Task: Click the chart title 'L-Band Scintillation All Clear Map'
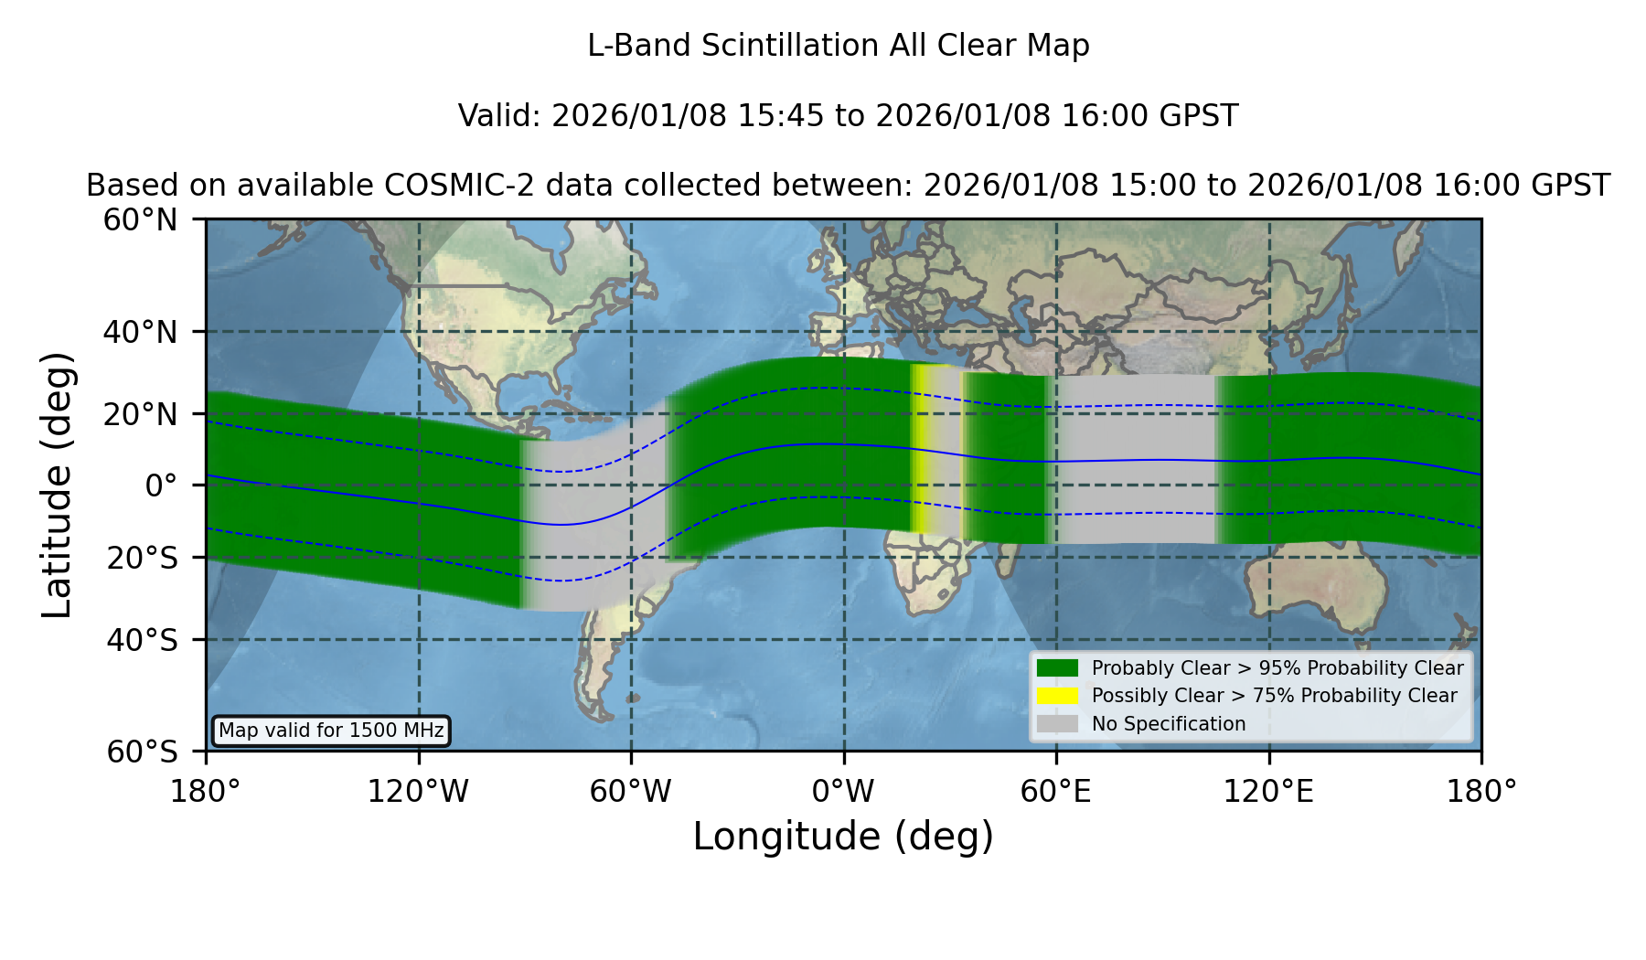click(839, 46)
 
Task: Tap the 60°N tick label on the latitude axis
click(140, 219)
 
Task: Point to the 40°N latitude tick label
click(140, 332)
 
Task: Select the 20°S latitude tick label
click(142, 557)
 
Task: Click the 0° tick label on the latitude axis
click(161, 485)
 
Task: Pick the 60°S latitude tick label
click(142, 752)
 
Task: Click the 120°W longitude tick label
click(418, 792)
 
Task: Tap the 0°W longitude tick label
click(843, 792)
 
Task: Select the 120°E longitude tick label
click(1268, 792)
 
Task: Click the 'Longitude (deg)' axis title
click(843, 837)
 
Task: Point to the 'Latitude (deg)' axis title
click(58, 485)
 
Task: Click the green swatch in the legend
click(1058, 668)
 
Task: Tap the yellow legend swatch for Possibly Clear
click(1058, 696)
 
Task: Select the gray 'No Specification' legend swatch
click(1058, 724)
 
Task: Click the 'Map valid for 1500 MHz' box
click(331, 731)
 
